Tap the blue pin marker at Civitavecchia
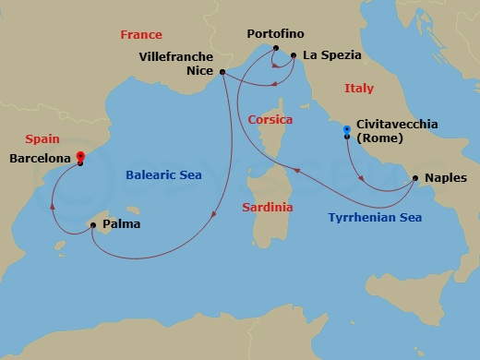click(346, 129)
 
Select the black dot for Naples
click(414, 178)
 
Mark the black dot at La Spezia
click(294, 55)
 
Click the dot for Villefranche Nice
click(223, 71)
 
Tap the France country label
click(141, 34)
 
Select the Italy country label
click(358, 89)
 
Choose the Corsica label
click(270, 120)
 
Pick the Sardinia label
click(268, 208)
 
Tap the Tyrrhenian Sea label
click(375, 219)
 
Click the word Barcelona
click(40, 159)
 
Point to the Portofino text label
click(276, 35)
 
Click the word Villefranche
click(175, 55)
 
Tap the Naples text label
click(446, 177)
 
